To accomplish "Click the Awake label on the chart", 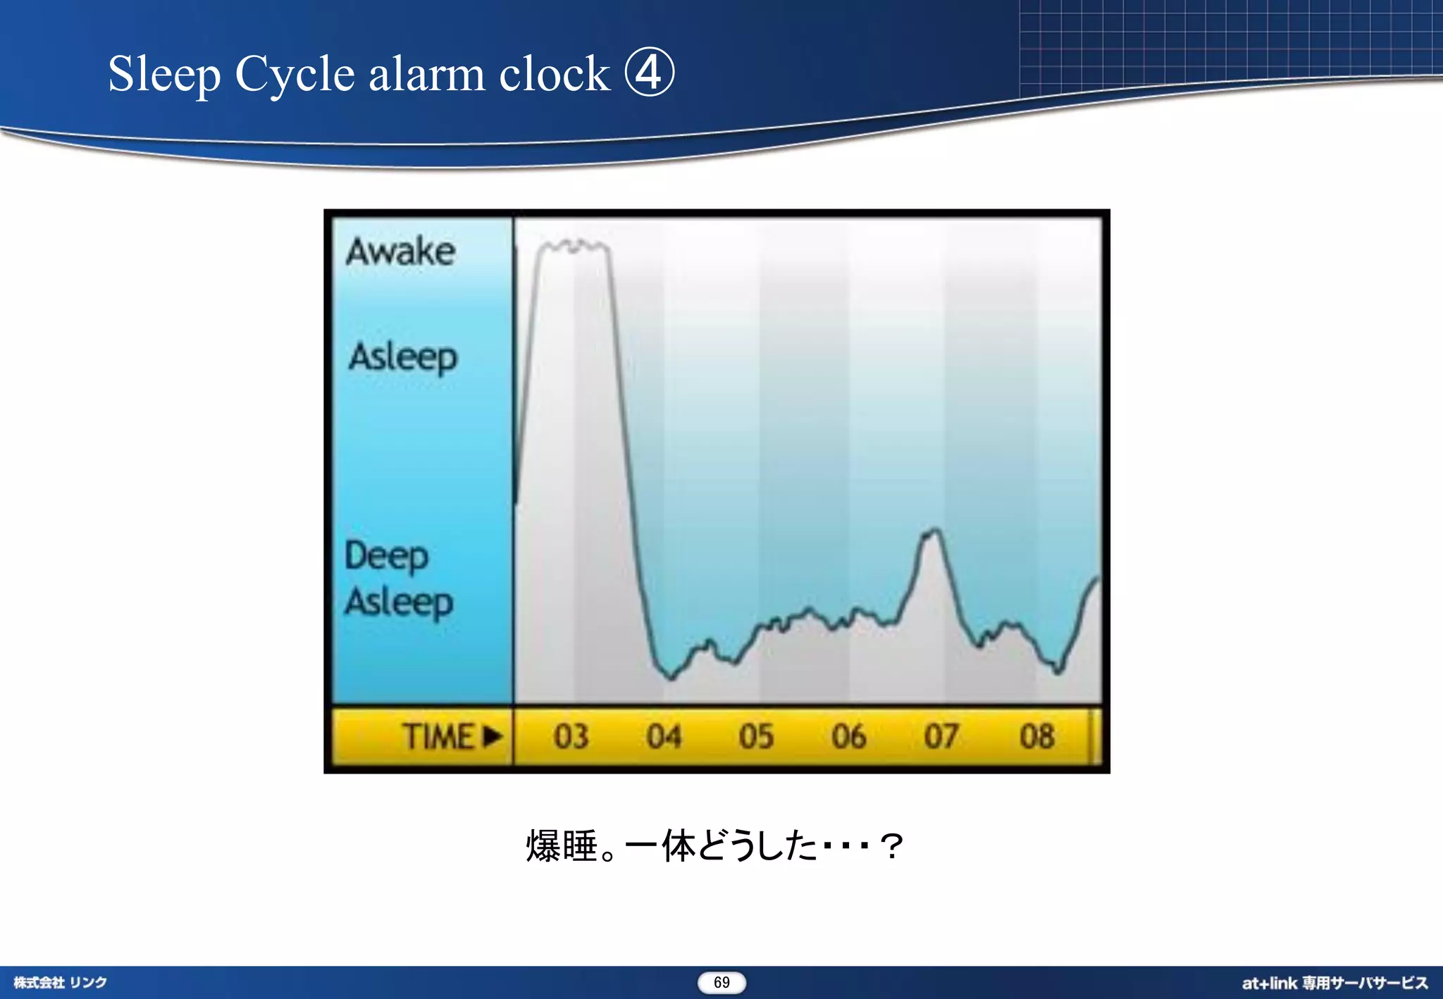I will [x=400, y=252].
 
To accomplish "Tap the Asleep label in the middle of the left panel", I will [x=403, y=357].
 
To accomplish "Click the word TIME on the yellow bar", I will [x=438, y=737].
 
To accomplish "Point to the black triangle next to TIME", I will [x=493, y=737].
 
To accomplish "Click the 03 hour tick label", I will [x=571, y=737].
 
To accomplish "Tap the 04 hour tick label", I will [x=664, y=737].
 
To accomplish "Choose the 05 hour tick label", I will [x=756, y=737].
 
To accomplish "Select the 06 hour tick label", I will [x=848, y=737].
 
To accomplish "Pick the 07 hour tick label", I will [x=941, y=737].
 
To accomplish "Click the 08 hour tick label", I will [x=1036, y=737].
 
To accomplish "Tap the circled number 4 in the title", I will [x=649, y=73].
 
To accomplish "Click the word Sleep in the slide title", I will [x=164, y=74].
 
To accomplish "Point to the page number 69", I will [x=721, y=983].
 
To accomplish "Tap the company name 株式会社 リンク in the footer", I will [x=61, y=983].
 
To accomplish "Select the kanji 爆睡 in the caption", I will [x=562, y=846].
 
